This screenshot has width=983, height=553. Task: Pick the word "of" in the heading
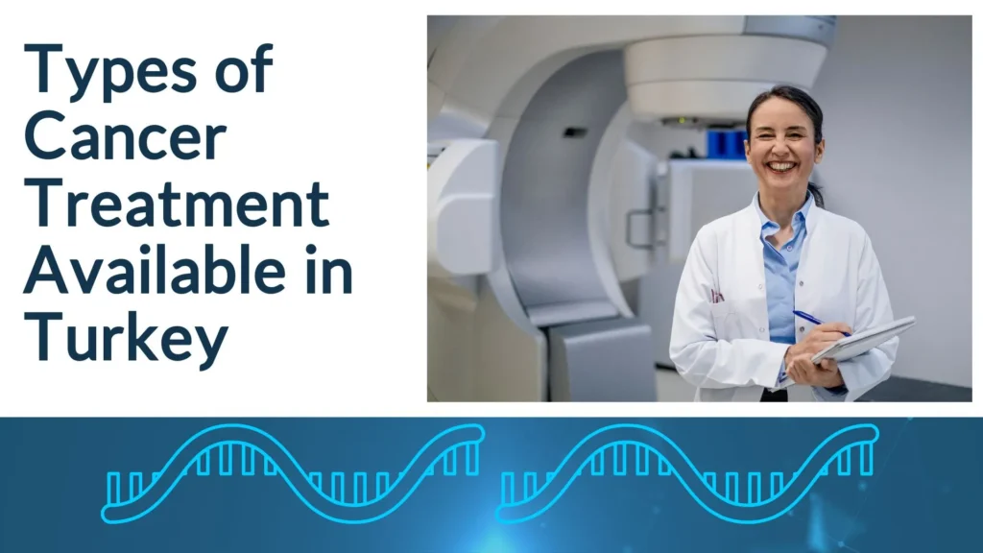coord(246,73)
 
